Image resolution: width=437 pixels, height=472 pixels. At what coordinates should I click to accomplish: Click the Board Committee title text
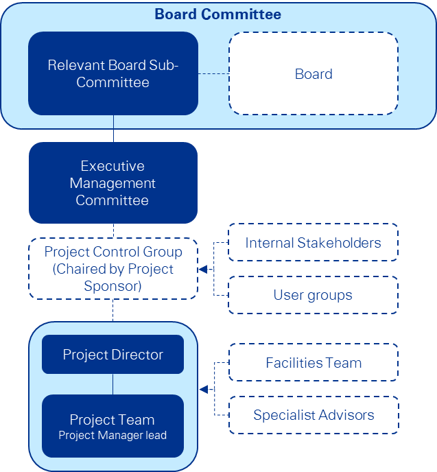coord(217,14)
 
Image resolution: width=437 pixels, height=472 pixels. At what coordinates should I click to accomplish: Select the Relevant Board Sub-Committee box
coord(113,73)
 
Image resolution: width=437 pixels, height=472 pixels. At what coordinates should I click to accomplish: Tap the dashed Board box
coord(314,73)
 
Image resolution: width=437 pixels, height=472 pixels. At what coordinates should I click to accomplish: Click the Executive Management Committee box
coord(113,183)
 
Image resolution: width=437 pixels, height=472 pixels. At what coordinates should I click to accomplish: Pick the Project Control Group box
coord(113,268)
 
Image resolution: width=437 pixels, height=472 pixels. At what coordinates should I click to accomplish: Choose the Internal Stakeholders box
coord(313,242)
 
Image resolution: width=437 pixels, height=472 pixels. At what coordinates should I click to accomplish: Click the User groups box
coord(313,295)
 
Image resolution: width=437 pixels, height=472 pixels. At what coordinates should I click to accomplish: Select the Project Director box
coord(113,355)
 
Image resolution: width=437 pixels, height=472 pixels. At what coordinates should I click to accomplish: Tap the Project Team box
coord(113,425)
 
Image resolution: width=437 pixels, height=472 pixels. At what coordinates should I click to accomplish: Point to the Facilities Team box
coord(313,362)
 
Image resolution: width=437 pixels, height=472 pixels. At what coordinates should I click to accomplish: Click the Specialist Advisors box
coord(313,414)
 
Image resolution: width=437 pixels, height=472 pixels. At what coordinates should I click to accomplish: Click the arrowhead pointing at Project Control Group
coord(202,269)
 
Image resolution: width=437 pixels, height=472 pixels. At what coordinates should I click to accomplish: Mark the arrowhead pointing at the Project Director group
coord(204,390)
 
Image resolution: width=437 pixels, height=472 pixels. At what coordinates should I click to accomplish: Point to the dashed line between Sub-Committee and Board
coord(213,74)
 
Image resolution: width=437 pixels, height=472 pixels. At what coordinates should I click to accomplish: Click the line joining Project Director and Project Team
coord(113,384)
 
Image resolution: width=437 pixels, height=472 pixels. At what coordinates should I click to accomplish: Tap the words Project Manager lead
coord(113,435)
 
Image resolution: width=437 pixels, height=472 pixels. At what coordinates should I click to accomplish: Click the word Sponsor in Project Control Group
coord(113,286)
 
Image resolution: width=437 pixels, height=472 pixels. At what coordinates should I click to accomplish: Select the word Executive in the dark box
coord(113,166)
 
